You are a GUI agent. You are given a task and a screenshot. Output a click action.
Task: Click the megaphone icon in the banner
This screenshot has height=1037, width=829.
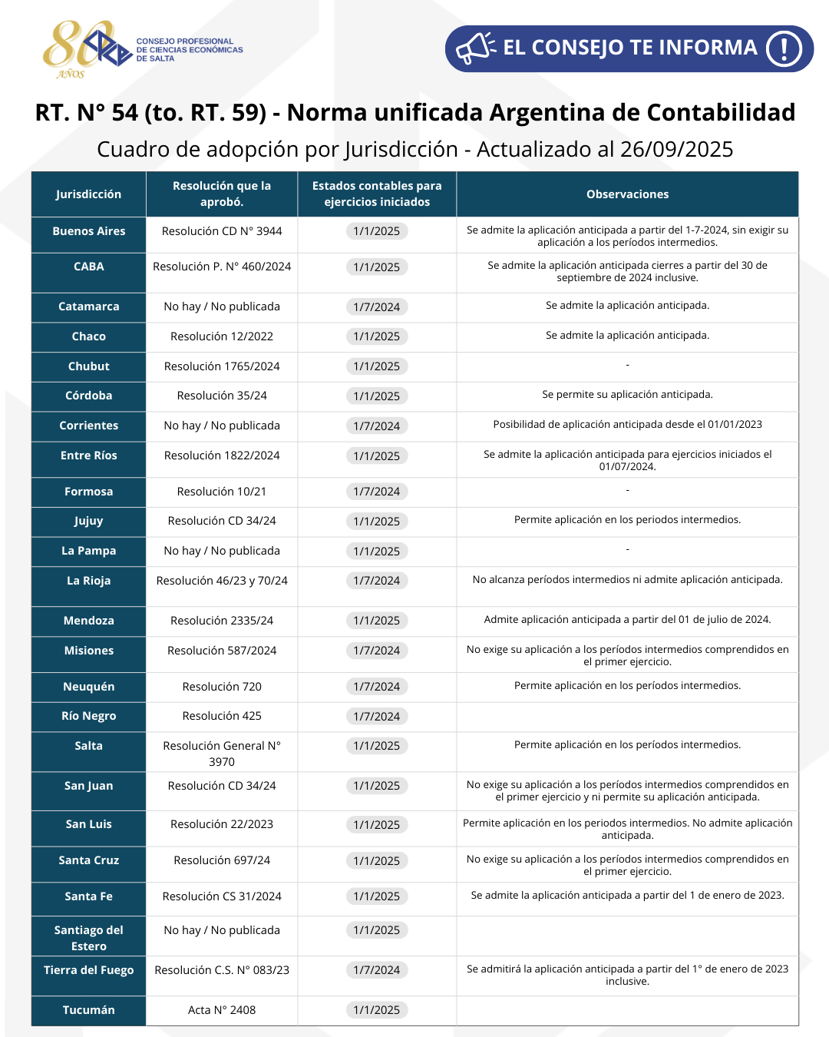(476, 48)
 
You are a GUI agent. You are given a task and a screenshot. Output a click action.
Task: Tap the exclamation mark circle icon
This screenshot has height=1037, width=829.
(784, 48)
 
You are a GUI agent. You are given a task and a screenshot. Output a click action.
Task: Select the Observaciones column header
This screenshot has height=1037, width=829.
(627, 194)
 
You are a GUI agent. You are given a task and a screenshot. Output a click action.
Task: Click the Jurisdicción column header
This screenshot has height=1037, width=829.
(88, 194)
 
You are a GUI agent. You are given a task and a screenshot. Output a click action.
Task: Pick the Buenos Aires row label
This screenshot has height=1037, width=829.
(88, 231)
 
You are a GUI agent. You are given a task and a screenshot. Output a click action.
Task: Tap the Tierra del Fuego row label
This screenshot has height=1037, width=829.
(88, 970)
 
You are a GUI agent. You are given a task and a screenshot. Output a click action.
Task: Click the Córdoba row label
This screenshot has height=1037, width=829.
(88, 396)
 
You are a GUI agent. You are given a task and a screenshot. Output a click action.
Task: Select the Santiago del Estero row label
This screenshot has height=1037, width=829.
(88, 938)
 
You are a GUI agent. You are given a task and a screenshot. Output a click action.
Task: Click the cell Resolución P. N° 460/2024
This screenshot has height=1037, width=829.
(222, 267)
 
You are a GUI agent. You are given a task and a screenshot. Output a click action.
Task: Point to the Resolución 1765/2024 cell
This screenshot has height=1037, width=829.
(222, 366)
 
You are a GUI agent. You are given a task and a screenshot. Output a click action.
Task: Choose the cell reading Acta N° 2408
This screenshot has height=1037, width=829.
(222, 1010)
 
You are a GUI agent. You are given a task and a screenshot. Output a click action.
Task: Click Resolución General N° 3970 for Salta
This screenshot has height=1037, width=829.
(222, 754)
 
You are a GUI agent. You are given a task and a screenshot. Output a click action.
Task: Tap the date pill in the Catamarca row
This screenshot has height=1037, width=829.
(376, 307)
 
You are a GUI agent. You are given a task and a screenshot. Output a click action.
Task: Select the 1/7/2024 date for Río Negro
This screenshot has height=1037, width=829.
(376, 717)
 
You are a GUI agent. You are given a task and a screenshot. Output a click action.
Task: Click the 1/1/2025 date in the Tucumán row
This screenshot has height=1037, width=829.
(376, 1010)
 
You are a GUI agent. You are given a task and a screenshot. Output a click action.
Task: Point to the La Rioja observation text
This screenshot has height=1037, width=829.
(627, 580)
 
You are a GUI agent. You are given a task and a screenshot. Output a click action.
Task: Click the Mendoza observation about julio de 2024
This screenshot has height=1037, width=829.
(627, 620)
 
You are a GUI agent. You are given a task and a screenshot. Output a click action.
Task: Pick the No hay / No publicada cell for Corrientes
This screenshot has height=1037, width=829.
(222, 426)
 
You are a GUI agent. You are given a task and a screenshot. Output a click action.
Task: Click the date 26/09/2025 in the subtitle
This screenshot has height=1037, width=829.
(676, 149)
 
